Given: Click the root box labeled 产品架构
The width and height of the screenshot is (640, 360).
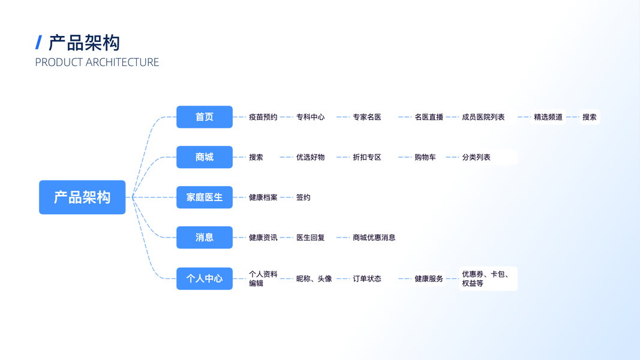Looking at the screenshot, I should [82, 197].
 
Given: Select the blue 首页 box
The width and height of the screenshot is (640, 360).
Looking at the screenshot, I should [205, 117].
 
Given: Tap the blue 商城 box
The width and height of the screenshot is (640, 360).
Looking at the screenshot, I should [205, 157].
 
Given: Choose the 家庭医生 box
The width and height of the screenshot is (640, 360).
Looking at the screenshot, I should [205, 197].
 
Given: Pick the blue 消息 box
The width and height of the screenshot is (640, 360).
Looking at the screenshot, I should [205, 238].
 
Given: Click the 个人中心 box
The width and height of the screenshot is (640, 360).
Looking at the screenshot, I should [205, 278].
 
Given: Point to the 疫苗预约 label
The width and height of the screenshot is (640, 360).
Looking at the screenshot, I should [263, 117].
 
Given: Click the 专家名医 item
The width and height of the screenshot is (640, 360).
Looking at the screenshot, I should [367, 117].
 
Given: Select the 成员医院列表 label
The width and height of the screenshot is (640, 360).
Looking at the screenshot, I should [483, 117].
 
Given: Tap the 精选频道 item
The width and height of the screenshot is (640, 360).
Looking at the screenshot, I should [548, 117].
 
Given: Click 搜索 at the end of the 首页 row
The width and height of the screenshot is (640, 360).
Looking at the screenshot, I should [590, 117].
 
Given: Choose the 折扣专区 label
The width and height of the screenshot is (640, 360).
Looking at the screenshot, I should [367, 157].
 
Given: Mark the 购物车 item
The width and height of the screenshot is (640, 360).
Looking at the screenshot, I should [425, 157].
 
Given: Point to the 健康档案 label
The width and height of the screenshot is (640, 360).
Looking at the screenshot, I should [263, 197].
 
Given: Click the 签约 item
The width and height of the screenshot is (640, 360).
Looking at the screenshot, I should [304, 197].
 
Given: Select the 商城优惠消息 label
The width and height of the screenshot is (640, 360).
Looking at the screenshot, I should [374, 238].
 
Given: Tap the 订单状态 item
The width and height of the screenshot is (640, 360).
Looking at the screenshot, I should [367, 278].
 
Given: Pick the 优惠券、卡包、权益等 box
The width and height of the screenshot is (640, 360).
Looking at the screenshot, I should [488, 278].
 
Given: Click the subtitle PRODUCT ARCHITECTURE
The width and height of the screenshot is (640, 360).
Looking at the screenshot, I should [97, 62].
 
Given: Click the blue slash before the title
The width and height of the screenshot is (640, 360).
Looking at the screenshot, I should [39, 43].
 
